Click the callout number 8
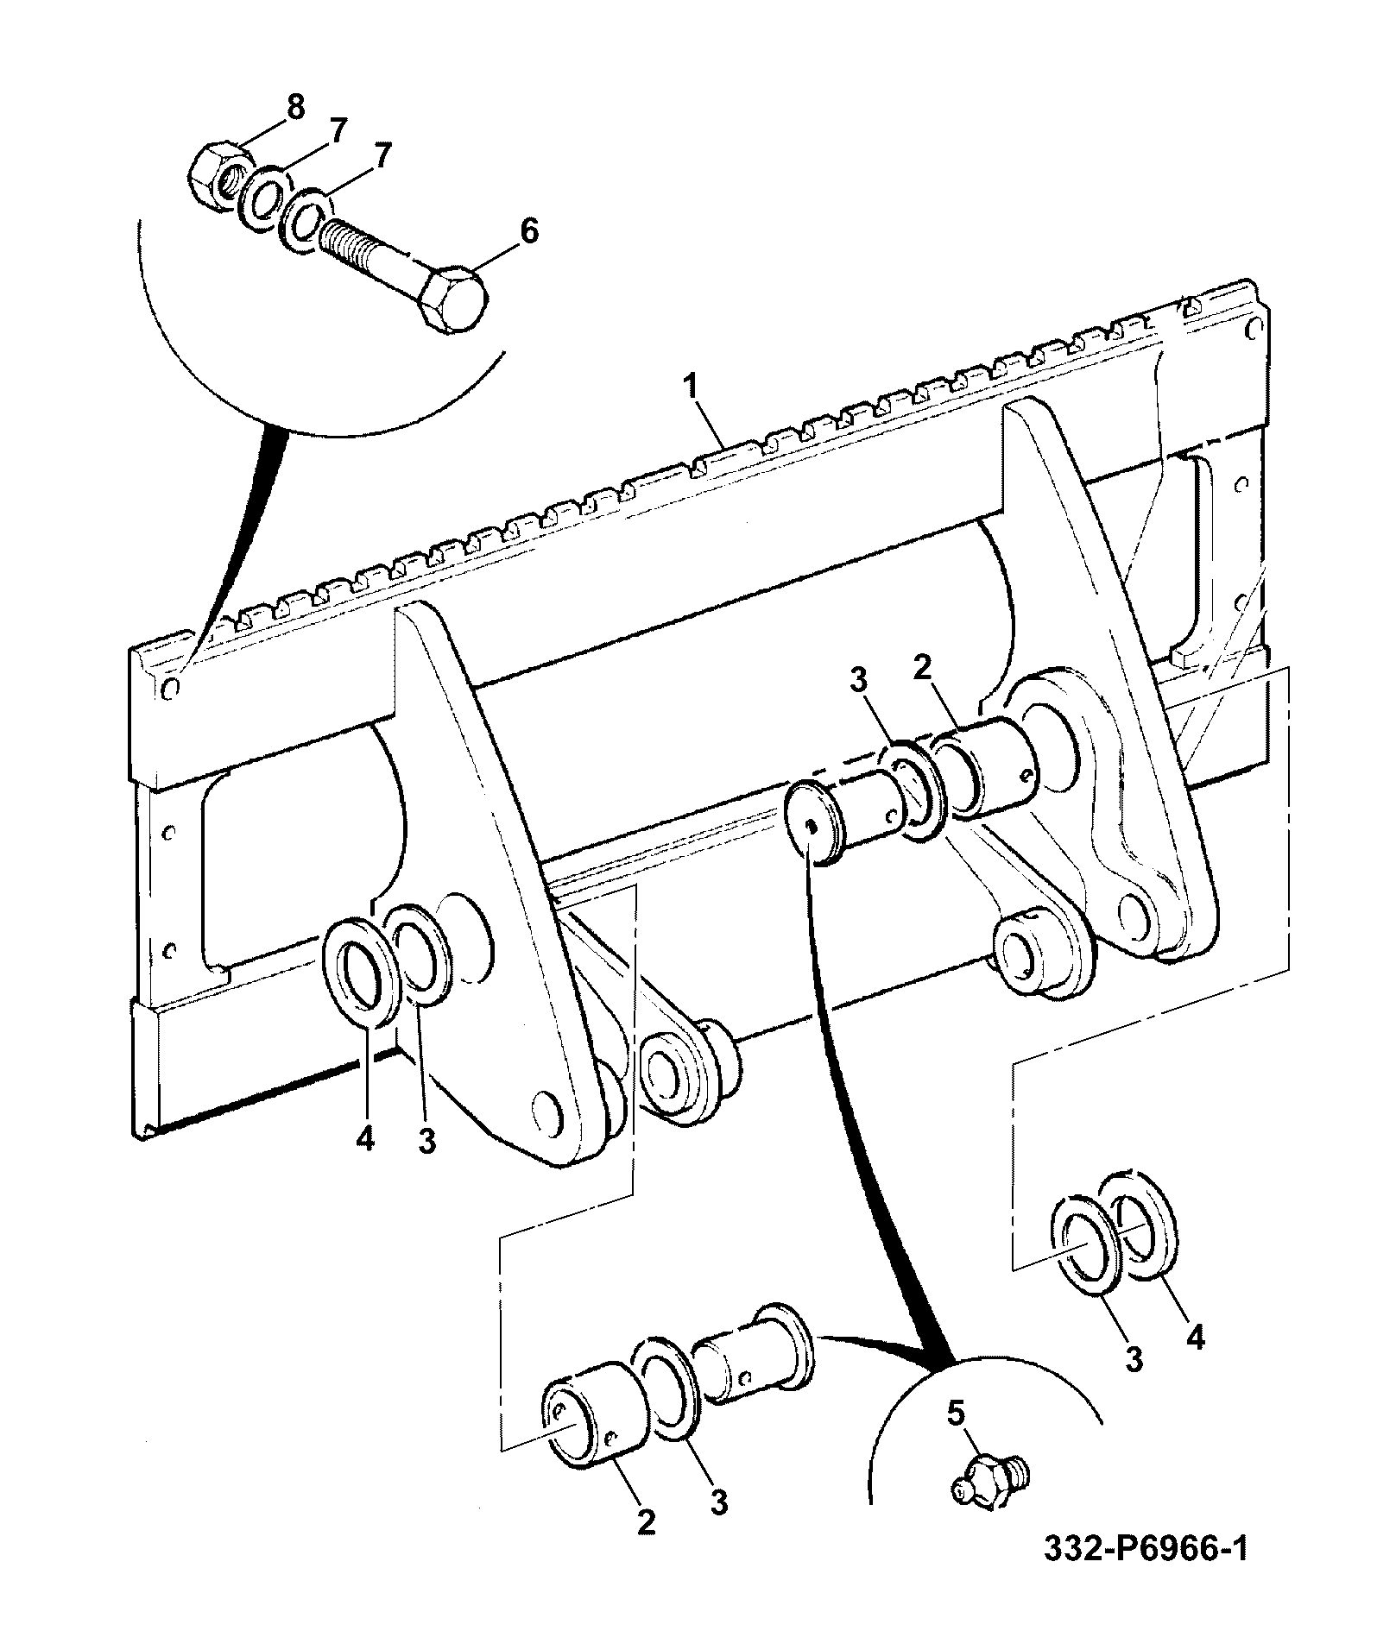coord(295,108)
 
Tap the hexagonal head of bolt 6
coord(452,298)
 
